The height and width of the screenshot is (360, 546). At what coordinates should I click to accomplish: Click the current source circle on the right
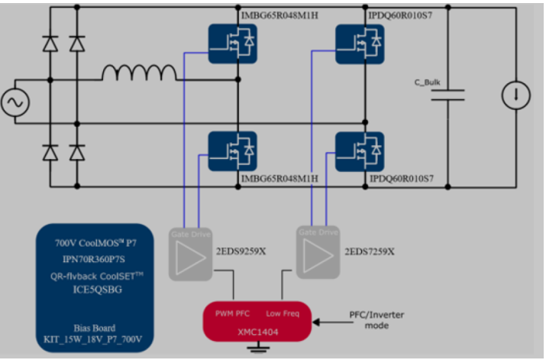click(x=515, y=95)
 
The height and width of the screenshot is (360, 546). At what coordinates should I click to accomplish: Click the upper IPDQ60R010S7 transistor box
click(x=358, y=41)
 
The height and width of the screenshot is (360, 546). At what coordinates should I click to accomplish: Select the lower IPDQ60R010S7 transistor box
click(x=358, y=151)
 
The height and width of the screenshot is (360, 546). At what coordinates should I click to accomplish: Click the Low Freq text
click(x=283, y=313)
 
